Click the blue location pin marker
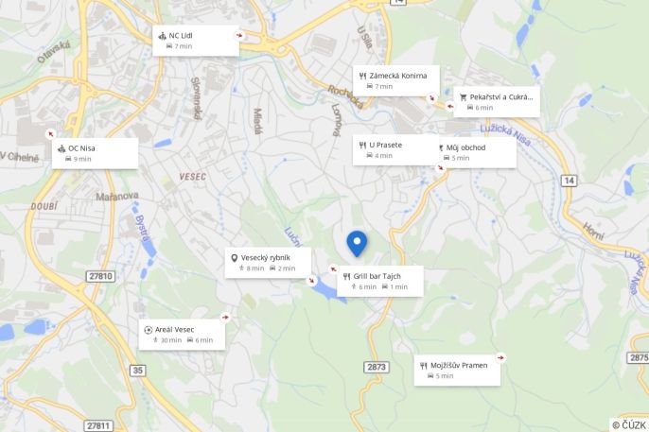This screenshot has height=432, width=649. tap(357, 242)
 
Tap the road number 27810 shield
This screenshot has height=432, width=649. tap(99, 276)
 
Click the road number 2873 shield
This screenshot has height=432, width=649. tap(377, 367)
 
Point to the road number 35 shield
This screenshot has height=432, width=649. tap(139, 370)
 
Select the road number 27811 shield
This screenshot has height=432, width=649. tap(99, 425)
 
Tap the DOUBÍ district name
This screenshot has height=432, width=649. tap(44, 205)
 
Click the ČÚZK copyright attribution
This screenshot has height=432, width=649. tap(628, 425)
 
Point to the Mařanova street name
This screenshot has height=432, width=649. tap(117, 197)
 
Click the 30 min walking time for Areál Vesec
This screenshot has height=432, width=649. tap(171, 340)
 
